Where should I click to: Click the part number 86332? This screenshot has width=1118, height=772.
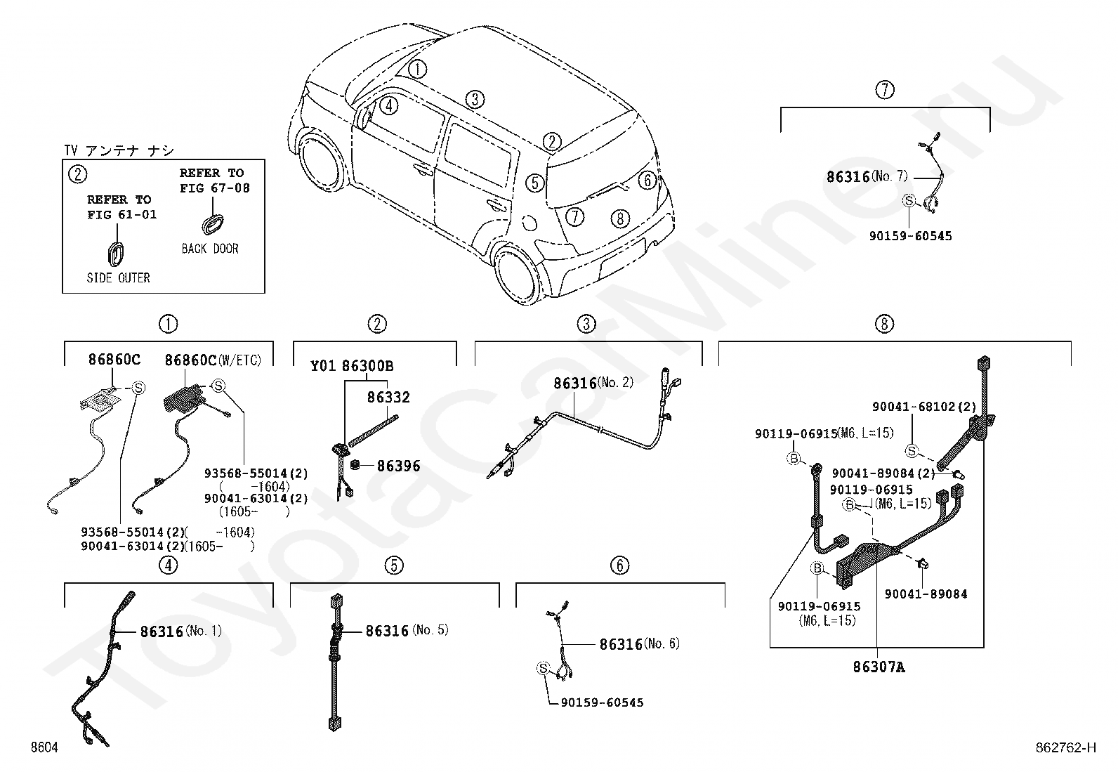click(388, 398)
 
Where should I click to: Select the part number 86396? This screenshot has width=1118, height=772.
click(398, 466)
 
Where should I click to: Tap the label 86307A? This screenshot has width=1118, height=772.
click(879, 667)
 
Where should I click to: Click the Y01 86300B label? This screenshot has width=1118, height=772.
click(352, 366)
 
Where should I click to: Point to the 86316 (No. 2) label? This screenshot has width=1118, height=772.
click(593, 383)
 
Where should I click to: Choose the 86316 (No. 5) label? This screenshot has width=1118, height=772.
click(407, 631)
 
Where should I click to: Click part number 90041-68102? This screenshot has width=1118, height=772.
click(914, 407)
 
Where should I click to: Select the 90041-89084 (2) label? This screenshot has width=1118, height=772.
click(883, 473)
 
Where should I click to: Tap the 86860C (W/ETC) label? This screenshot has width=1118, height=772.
click(213, 360)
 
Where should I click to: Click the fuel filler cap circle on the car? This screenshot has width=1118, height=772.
click(529, 222)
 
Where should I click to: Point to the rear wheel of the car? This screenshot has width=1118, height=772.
click(518, 274)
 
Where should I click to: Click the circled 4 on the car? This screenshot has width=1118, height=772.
click(389, 106)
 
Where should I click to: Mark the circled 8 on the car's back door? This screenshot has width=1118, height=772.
click(620, 218)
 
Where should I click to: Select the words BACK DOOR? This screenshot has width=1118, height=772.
click(210, 249)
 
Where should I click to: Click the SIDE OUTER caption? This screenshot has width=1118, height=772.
click(118, 277)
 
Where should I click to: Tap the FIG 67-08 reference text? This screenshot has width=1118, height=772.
click(215, 188)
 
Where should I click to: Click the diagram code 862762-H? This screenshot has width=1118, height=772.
click(1065, 747)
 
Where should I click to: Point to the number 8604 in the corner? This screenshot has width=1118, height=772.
click(44, 747)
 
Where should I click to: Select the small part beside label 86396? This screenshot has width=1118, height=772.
click(355, 466)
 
